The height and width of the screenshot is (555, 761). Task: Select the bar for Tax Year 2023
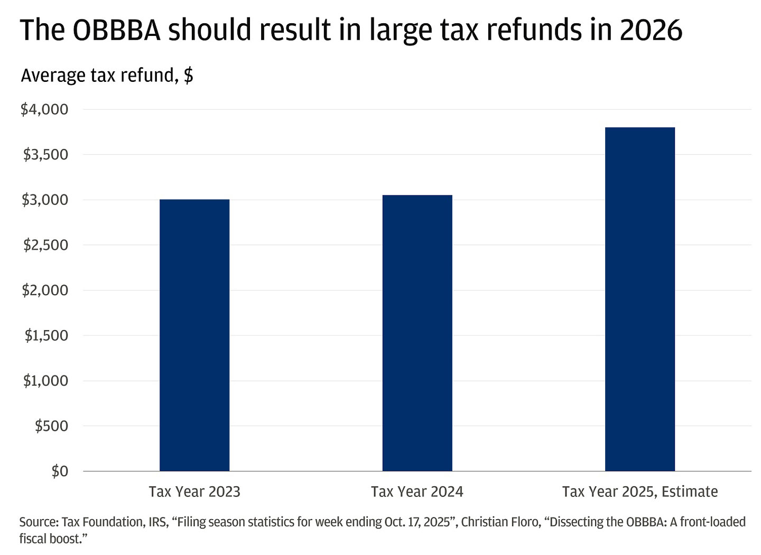tap(194, 335)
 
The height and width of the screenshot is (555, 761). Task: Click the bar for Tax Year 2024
tap(417, 333)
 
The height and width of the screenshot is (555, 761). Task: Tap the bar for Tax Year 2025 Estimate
tap(639, 299)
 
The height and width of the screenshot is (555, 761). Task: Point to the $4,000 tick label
tap(44, 109)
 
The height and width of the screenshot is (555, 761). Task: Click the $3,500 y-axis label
tap(45, 155)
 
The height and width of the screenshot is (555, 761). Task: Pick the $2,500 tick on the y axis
tap(45, 245)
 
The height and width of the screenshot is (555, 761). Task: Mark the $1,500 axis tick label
tap(47, 335)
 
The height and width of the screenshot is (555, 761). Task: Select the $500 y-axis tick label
tap(51, 426)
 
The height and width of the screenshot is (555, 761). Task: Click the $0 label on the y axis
tap(60, 471)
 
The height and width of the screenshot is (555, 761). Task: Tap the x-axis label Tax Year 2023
tap(194, 492)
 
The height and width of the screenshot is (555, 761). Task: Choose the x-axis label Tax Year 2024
tap(417, 492)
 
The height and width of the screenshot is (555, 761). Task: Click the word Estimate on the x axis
tap(690, 492)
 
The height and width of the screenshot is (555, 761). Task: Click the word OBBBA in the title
tap(116, 30)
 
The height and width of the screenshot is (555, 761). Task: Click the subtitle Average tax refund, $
tap(107, 76)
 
